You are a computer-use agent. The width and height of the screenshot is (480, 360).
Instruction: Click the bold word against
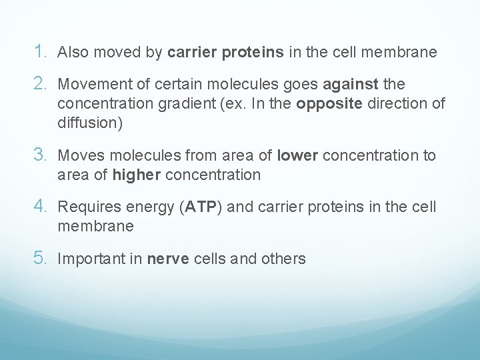point(351,85)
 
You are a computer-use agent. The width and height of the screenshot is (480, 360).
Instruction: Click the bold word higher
point(137,175)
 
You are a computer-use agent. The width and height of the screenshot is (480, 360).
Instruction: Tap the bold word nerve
point(168,259)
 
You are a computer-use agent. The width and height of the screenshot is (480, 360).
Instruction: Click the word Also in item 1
point(73,52)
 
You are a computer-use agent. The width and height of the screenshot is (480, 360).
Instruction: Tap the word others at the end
point(284,259)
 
